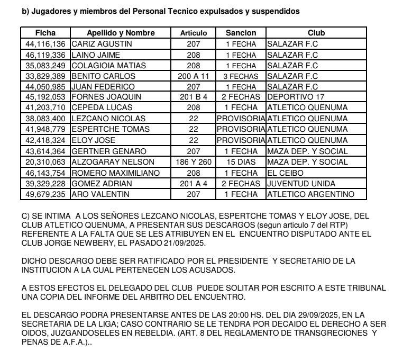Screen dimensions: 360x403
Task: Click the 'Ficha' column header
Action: click(x=45, y=33)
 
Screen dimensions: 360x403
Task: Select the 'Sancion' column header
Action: click(x=241, y=33)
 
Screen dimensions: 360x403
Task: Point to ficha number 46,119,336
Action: click(x=45, y=55)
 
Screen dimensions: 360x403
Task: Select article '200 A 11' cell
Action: click(x=194, y=76)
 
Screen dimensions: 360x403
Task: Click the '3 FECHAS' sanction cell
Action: click(x=241, y=76)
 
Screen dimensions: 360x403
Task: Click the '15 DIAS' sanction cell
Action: click(x=241, y=162)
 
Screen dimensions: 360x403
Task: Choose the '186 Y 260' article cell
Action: click(x=194, y=162)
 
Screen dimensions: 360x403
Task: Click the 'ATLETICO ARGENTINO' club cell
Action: click(x=310, y=194)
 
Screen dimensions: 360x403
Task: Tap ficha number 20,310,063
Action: click(x=45, y=162)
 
